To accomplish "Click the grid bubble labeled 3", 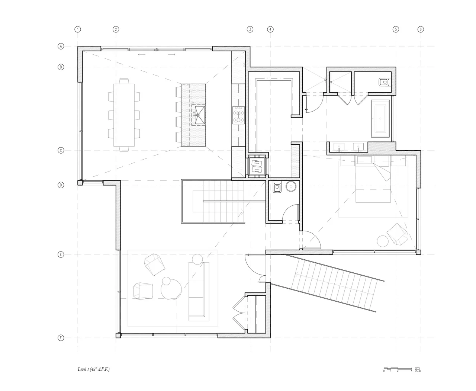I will (250, 29).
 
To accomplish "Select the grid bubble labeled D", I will (60, 185).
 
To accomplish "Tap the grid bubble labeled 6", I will (421, 29).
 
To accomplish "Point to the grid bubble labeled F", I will (60, 338).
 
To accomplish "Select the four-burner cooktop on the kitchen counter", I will (238, 115).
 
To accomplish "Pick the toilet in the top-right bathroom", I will (383, 82).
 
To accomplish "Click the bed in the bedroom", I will (373, 179).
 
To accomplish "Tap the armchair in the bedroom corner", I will (398, 234).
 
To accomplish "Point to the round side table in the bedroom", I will (382, 241).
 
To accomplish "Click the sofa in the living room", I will (197, 290).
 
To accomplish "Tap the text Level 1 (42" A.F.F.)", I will (94, 369).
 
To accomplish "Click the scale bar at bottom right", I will (398, 369).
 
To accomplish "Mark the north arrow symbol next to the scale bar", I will (418, 369).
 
